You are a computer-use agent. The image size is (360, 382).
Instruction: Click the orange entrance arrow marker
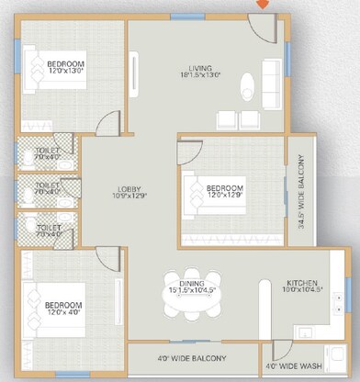(x=262, y=5)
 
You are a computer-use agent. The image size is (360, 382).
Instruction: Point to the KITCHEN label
(x=304, y=282)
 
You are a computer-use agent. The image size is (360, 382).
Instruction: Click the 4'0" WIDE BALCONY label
(x=194, y=357)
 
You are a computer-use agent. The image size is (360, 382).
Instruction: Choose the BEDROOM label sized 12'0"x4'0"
(x=63, y=308)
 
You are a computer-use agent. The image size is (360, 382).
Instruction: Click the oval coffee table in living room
(x=245, y=89)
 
